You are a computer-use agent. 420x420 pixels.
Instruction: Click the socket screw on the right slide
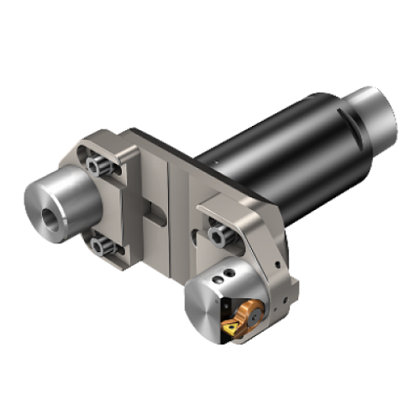218,229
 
